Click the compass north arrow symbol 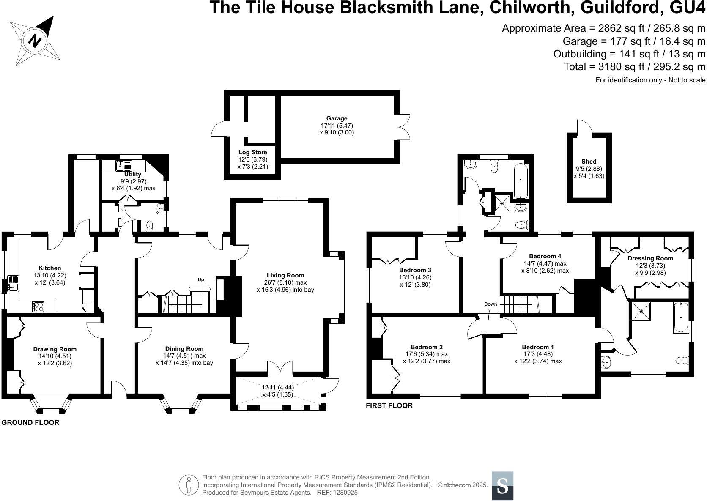(x=36, y=41)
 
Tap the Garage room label (x=337, y=118)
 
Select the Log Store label (x=252, y=152)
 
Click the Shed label (x=589, y=161)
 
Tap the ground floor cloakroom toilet (x=149, y=227)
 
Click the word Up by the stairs (x=201, y=279)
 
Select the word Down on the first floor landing (x=491, y=304)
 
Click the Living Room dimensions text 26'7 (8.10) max (x=285, y=282)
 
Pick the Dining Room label (x=184, y=349)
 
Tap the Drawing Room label (x=55, y=349)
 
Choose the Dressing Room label (x=650, y=258)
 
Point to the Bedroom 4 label (x=545, y=256)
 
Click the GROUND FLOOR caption (x=30, y=422)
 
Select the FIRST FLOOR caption (x=389, y=405)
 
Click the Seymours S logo (x=502, y=485)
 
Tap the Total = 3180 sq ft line (x=634, y=66)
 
